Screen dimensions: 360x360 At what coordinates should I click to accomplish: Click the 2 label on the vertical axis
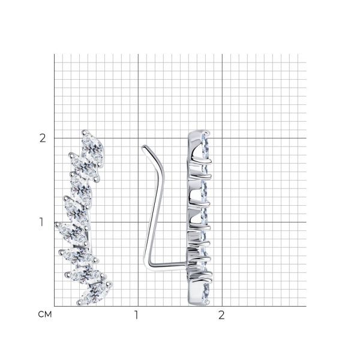43,139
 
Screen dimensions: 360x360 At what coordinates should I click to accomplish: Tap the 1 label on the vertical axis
41,222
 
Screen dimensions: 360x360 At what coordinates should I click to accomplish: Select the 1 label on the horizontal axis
136,315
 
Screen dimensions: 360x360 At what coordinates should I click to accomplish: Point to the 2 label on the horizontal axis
221,315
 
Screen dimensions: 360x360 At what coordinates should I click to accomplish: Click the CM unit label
45,314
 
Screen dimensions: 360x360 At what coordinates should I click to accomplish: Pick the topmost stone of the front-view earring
92,148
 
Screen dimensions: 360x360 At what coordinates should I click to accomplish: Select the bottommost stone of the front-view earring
95,293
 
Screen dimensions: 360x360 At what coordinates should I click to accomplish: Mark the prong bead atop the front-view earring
84,132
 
